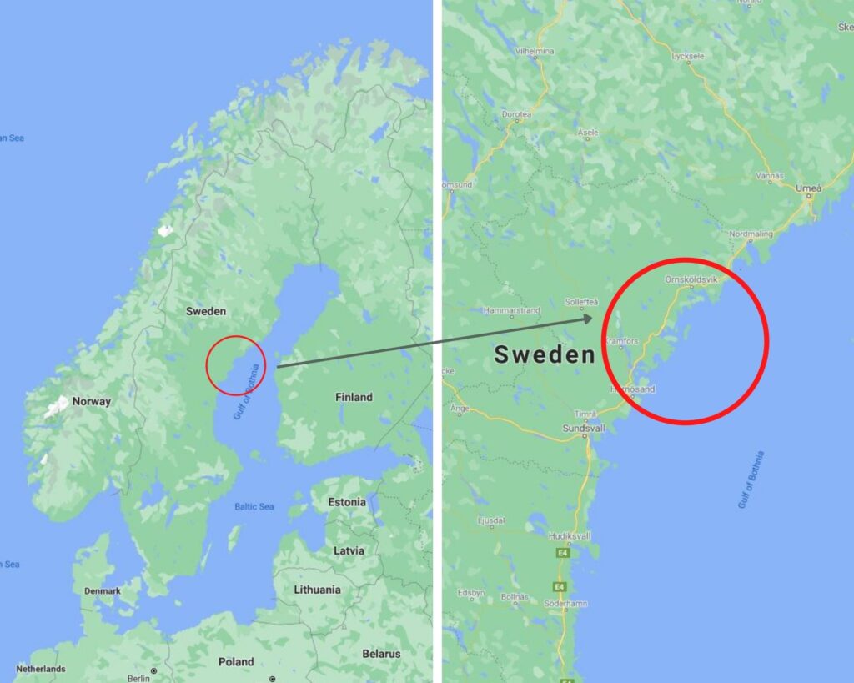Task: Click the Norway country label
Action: [x=91, y=401]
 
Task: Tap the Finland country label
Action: [x=354, y=397]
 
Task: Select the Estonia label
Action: [x=347, y=502]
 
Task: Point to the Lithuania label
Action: [x=317, y=590]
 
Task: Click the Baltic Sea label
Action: [x=254, y=506]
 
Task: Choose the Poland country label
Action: [x=236, y=661]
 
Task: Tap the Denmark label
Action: [x=102, y=591]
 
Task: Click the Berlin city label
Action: [x=138, y=679]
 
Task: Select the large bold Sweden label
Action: [x=545, y=354]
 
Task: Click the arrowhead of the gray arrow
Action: [x=588, y=318]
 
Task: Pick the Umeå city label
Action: [x=808, y=188]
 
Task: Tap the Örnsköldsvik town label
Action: [x=691, y=279]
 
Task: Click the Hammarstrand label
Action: [x=512, y=310]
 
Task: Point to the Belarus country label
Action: [x=381, y=654]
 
